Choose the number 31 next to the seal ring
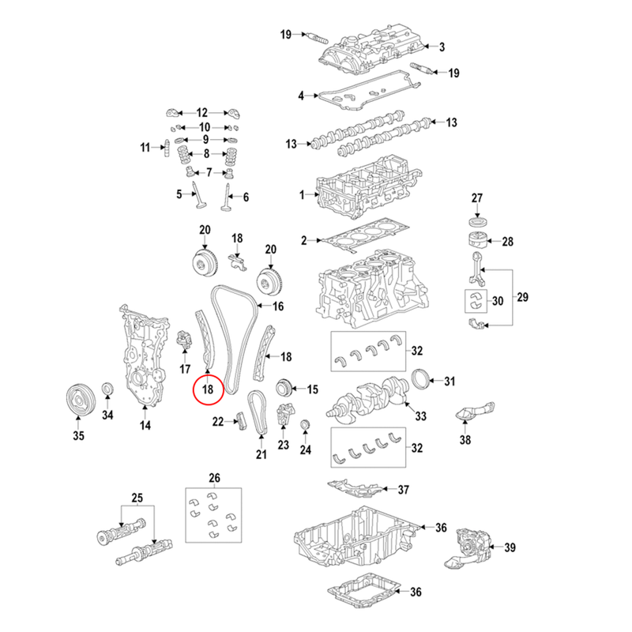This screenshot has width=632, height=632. coord(450,382)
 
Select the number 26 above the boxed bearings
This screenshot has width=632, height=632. coord(212,477)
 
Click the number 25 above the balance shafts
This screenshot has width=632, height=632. coord(137,498)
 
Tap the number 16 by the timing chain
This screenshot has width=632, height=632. coord(277,306)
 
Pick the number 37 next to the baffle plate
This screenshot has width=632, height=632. coord(403,489)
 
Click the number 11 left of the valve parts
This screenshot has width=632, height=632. coord(145,147)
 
